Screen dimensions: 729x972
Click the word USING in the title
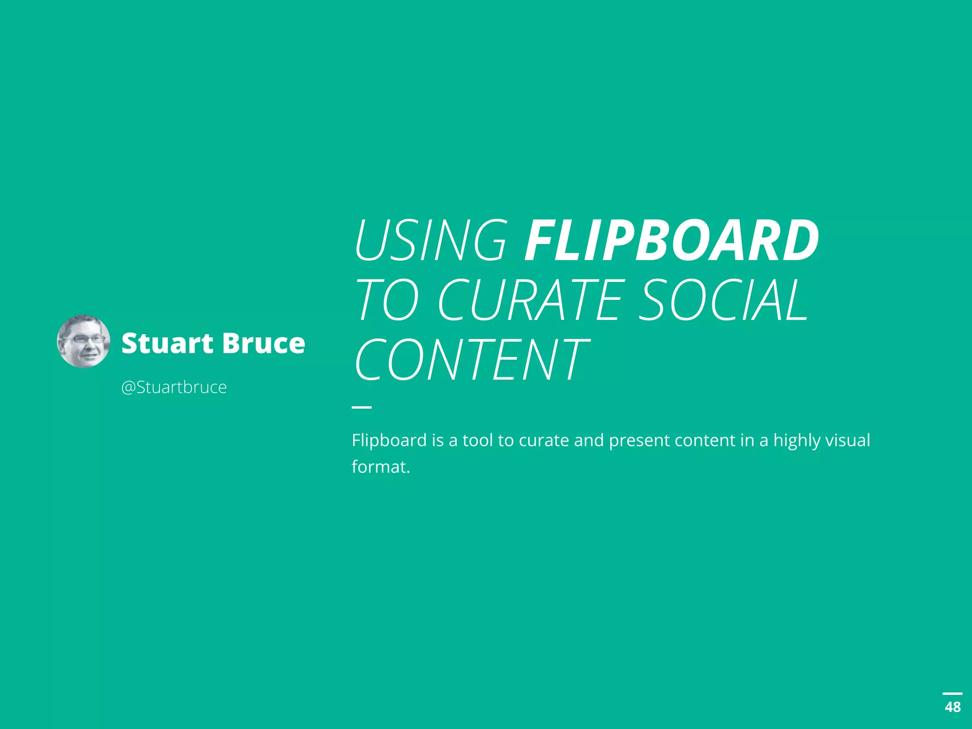431,241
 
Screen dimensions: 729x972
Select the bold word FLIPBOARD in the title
671,241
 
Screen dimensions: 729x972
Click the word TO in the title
387,300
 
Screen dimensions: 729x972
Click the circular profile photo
84,341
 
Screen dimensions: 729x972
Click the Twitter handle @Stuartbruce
174,387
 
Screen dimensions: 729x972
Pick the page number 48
953,707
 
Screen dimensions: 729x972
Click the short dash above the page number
952,694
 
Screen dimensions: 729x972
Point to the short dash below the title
362,407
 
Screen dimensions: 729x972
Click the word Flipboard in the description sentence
389,440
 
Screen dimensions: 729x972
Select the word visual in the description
847,440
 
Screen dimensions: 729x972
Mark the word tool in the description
477,440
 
